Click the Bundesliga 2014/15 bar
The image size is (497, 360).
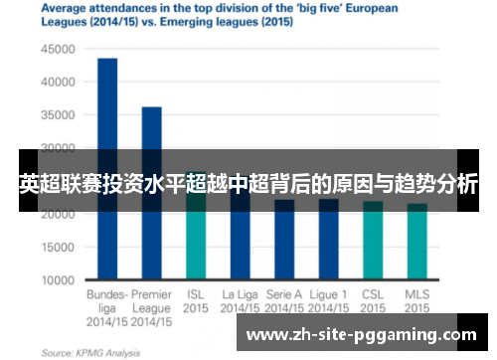[x=107, y=169]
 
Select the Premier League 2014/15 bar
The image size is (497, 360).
[x=152, y=194]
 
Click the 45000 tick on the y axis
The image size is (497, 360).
[x=59, y=49]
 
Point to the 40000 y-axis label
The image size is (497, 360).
[x=59, y=83]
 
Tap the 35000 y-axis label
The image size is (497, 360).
[x=59, y=115]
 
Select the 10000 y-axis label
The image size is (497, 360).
[x=59, y=281]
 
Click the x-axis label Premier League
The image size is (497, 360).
[x=152, y=295]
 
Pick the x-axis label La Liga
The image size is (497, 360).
[x=240, y=295]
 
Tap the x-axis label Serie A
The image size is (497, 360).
[x=284, y=295]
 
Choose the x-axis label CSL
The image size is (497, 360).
[x=373, y=295]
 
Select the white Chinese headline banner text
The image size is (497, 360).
[x=248, y=184]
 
